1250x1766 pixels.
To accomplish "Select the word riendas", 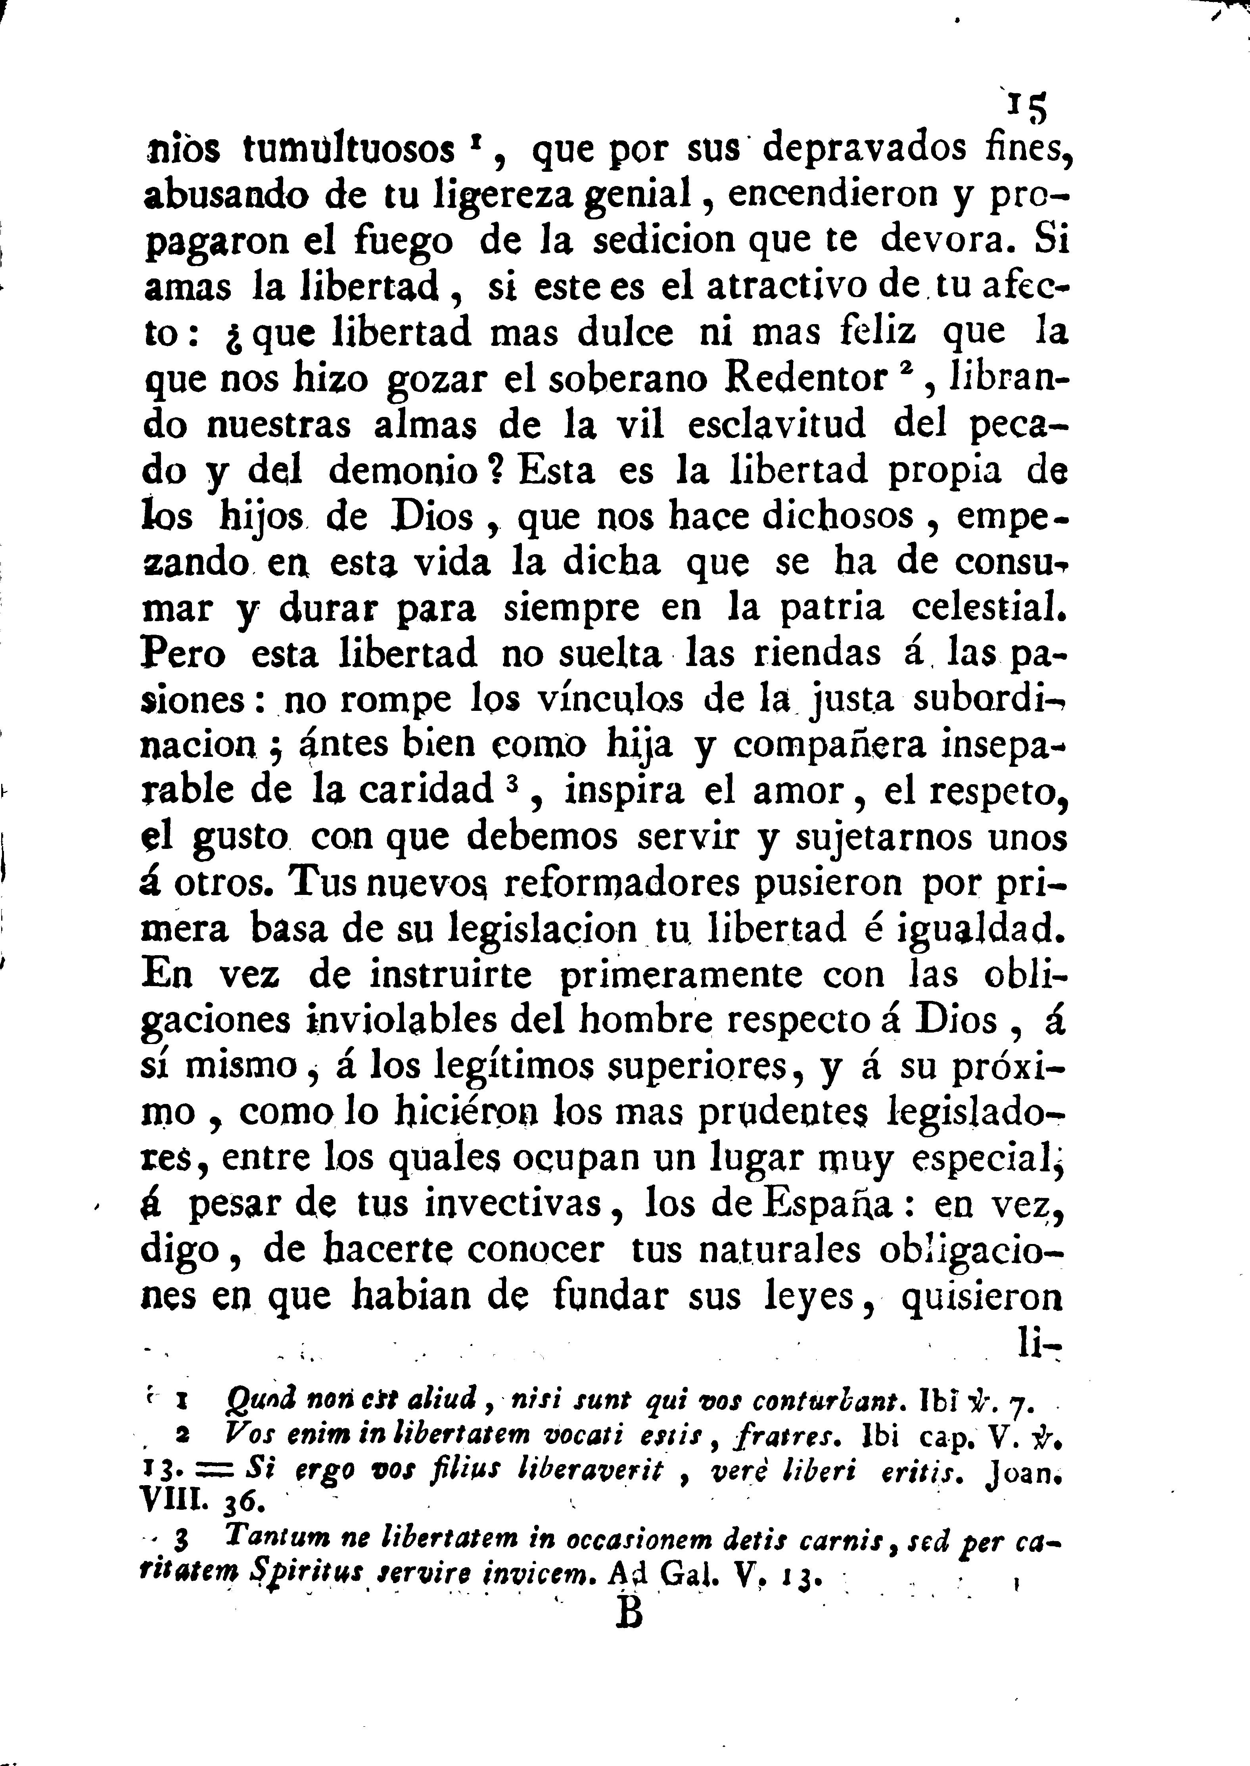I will click(816, 654).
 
